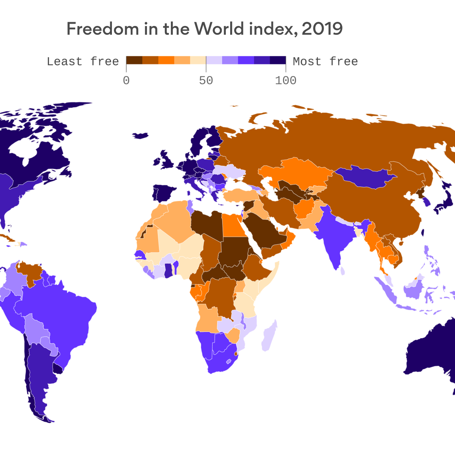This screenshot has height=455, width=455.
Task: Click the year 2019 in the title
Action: [322, 29]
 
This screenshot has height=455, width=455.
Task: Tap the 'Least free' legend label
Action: [83, 62]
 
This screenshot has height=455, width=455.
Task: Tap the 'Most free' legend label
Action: [325, 62]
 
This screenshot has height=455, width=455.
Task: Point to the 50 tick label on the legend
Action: [206, 81]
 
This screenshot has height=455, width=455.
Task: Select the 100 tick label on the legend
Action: [285, 81]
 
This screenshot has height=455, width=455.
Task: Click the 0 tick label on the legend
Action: [126, 81]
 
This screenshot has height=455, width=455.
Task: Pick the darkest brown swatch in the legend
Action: [134, 60]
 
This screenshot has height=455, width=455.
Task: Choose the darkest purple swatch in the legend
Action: [278, 60]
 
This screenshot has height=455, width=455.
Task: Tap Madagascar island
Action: [269, 336]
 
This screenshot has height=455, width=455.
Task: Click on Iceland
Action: [140, 136]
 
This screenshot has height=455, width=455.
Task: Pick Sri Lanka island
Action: [342, 270]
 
